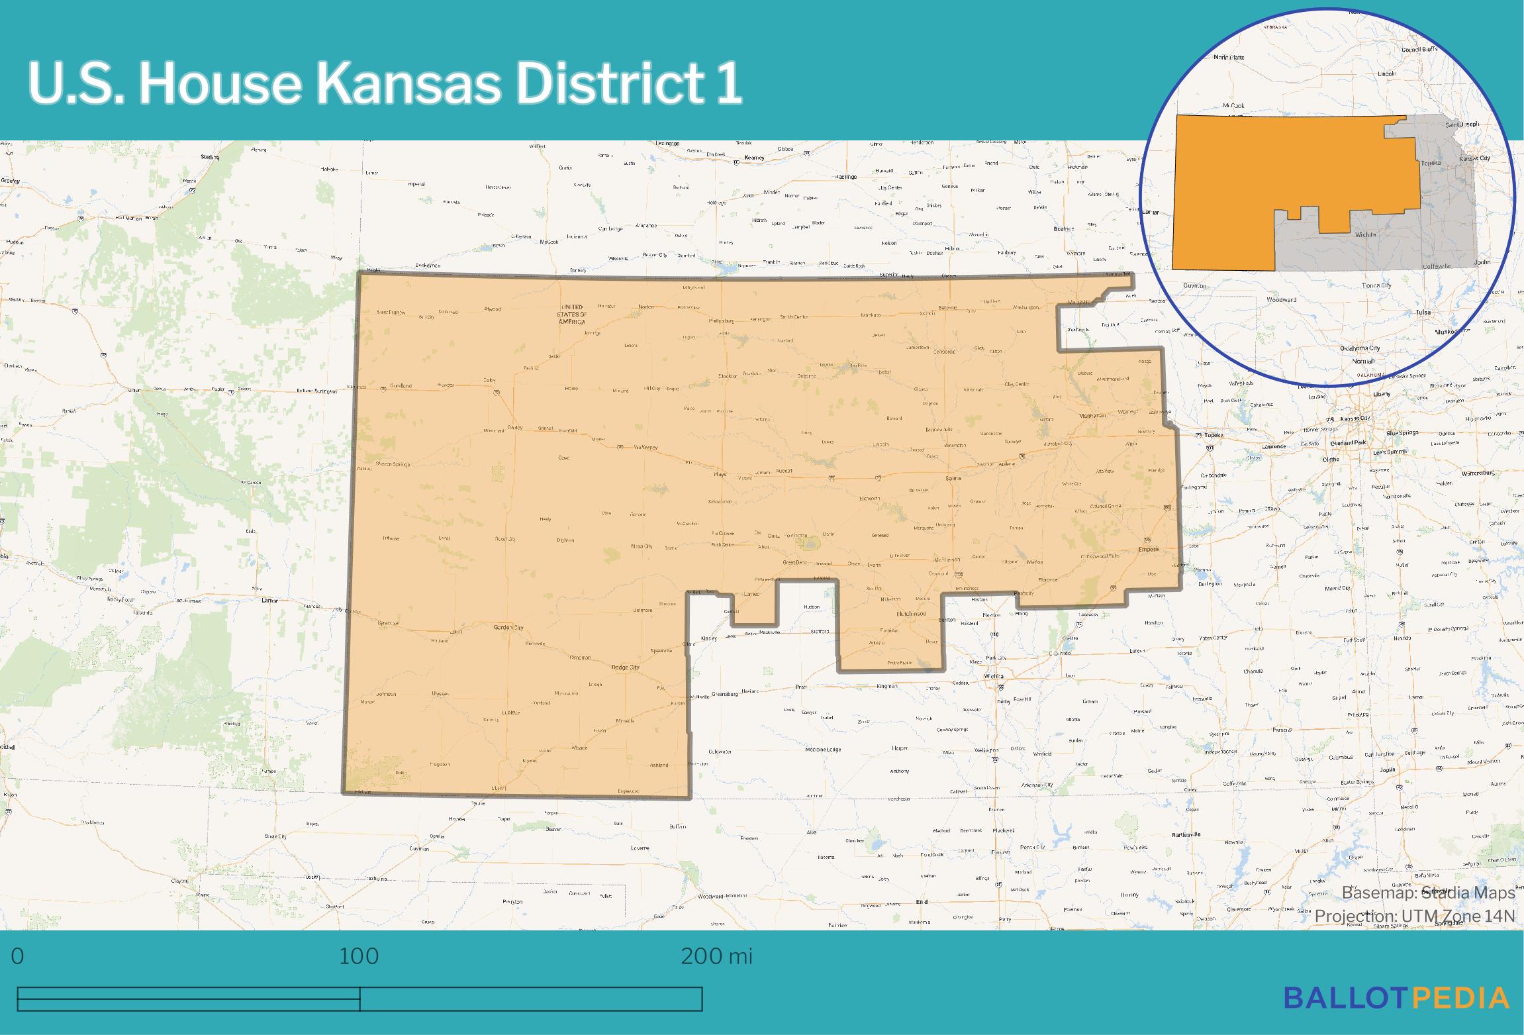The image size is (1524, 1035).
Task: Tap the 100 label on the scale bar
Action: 359,956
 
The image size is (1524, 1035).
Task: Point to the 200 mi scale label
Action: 716,956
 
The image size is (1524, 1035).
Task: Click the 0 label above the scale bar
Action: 18,956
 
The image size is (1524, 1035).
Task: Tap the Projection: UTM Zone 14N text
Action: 1415,916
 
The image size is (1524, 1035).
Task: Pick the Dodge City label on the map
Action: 625,667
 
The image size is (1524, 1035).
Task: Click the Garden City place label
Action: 508,627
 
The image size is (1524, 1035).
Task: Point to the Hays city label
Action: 720,474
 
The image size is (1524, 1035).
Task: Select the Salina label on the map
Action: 953,477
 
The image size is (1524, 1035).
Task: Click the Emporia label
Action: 1149,550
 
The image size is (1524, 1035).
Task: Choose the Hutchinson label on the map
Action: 912,614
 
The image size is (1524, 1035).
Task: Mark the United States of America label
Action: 573,314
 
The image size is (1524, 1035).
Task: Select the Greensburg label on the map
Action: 724,694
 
